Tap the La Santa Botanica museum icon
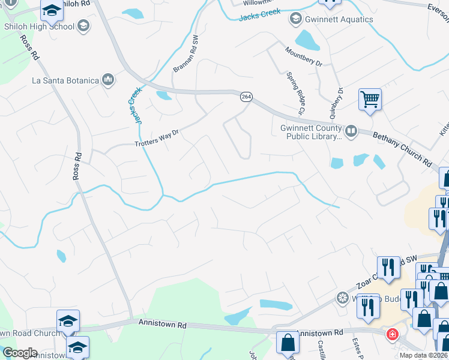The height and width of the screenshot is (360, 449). [109, 80]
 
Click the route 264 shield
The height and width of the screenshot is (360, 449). [247, 97]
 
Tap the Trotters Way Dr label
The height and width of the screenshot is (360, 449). [157, 139]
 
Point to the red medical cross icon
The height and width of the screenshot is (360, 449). [392, 334]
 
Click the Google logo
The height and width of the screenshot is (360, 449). [20, 353]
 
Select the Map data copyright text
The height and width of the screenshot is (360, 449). [424, 355]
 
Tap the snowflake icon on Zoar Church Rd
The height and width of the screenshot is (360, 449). [342, 298]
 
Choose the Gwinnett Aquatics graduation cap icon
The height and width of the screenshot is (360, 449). [295, 19]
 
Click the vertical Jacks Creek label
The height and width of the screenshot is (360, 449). [134, 105]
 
